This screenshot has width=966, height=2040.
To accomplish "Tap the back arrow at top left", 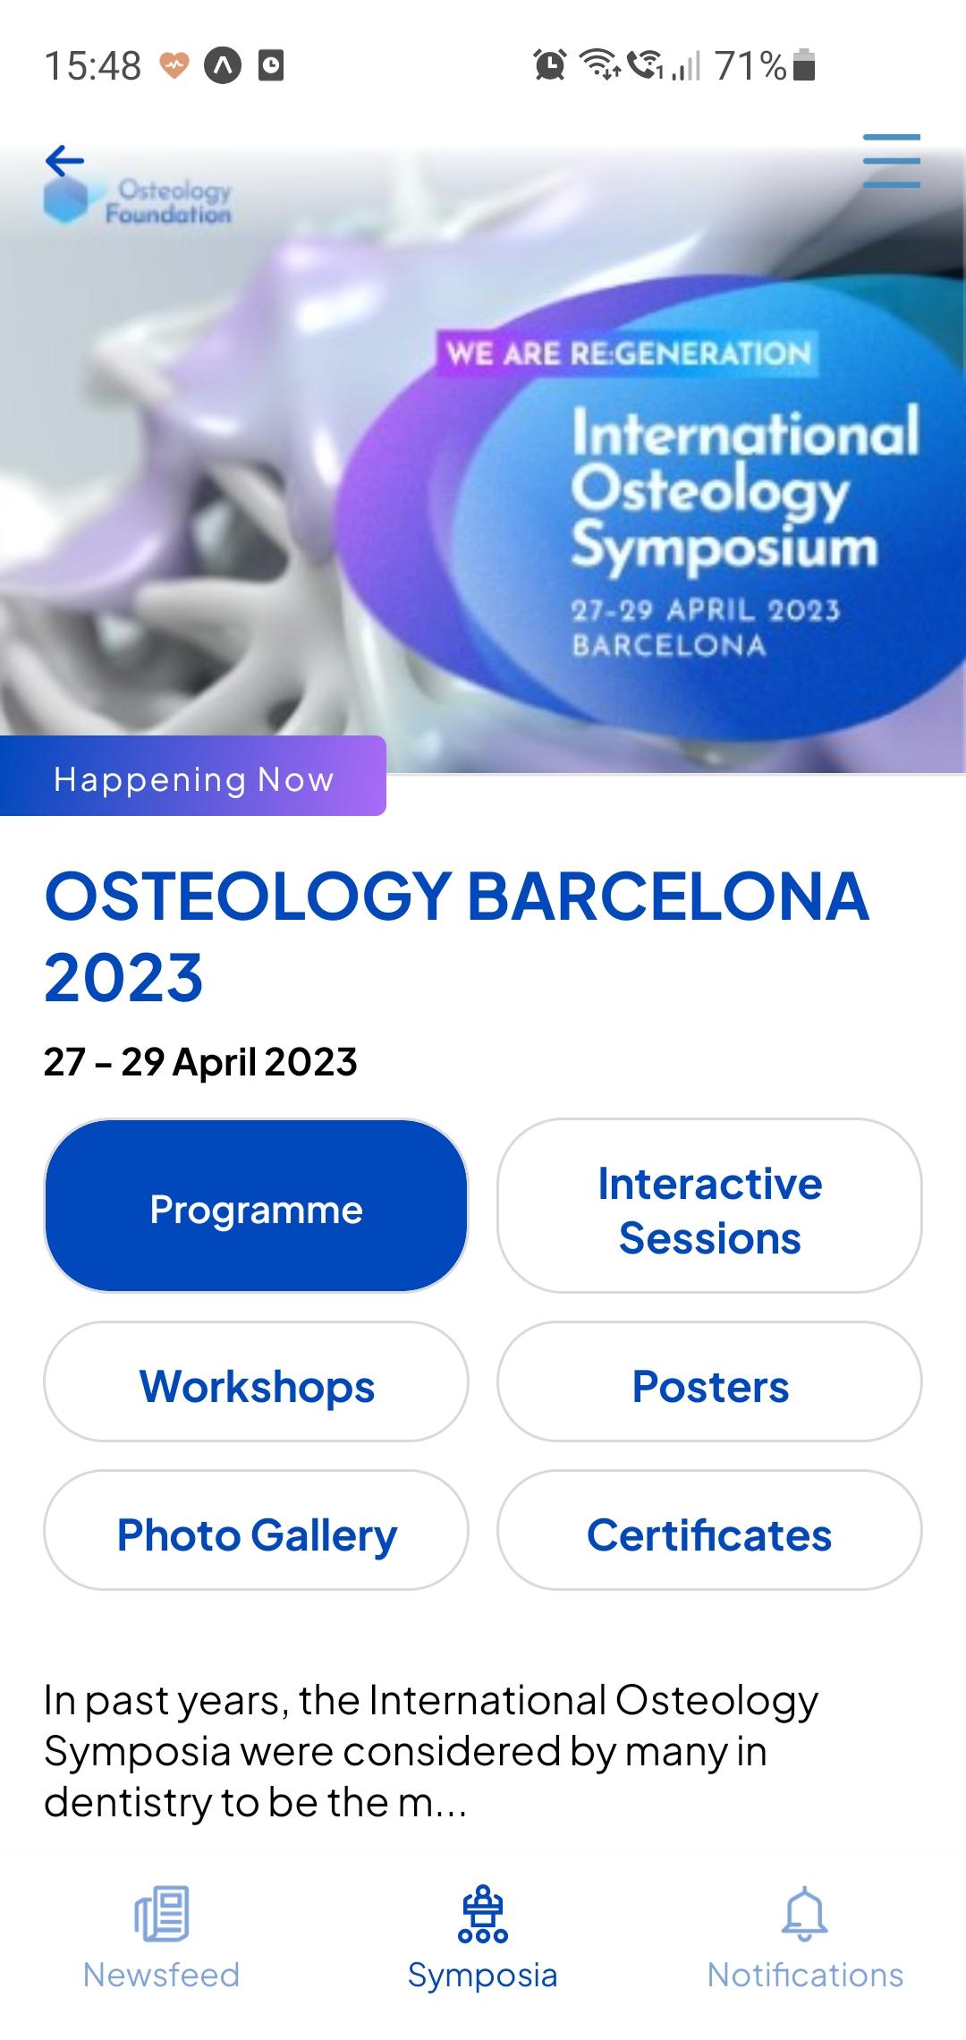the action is [64, 161].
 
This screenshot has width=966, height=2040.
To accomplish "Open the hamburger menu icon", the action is [892, 161].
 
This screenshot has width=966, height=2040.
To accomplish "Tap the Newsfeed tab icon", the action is [162, 1913].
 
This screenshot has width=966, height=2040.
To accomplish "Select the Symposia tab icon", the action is [483, 1913].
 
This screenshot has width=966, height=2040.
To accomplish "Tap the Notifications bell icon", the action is [805, 1913].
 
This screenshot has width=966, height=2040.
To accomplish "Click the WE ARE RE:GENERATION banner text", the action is [628, 353].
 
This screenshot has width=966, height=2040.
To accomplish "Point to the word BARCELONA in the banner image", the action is [669, 645].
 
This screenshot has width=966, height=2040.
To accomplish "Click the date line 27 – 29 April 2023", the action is [200, 1062].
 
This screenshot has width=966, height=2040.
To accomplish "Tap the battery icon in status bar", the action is [804, 65].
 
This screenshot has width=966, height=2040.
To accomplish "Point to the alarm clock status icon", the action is [549, 64].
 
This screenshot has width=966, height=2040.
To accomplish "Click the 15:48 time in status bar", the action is [93, 65].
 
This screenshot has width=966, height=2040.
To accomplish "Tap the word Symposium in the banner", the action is [724, 547].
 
